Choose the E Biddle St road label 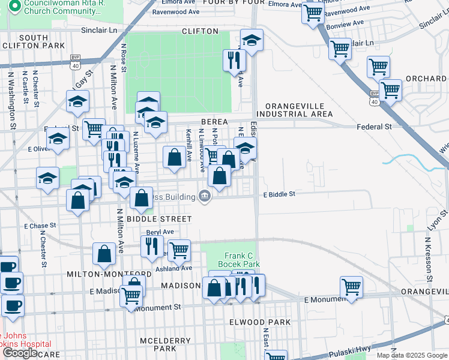(x=279, y=194)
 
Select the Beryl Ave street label (x=160, y=232)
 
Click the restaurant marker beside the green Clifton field (x=233, y=60)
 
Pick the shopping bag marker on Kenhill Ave (x=174, y=158)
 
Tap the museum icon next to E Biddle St (x=205, y=196)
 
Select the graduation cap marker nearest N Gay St (x=78, y=102)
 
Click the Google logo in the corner (x=20, y=353)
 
